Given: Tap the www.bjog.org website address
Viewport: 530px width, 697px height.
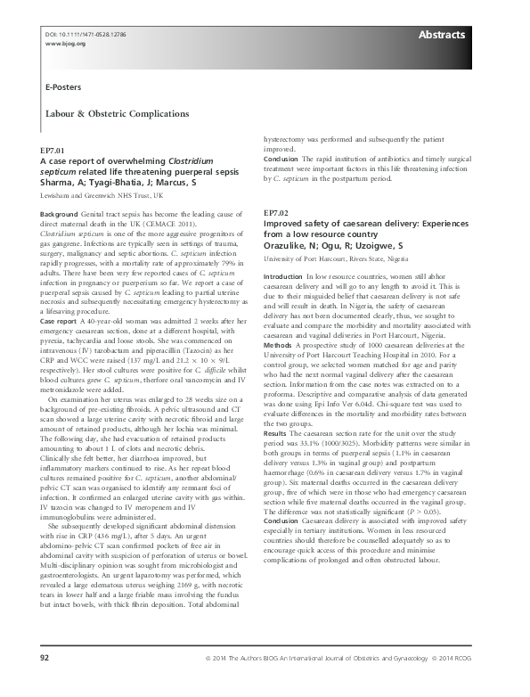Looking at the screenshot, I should tap(58, 42).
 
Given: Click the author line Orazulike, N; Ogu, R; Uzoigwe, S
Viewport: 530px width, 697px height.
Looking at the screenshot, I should tap(333, 244).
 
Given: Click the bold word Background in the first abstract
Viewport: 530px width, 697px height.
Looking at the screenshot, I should tap(60, 216).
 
